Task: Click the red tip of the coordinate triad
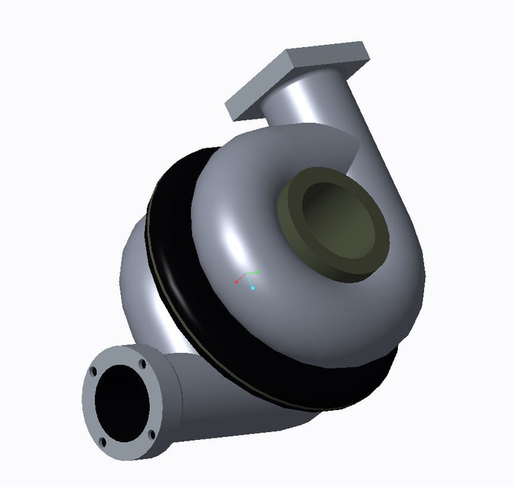pos(237,282)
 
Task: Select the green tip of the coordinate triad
pos(259,271)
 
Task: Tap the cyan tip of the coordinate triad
pos(252,288)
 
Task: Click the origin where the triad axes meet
pos(247,276)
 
